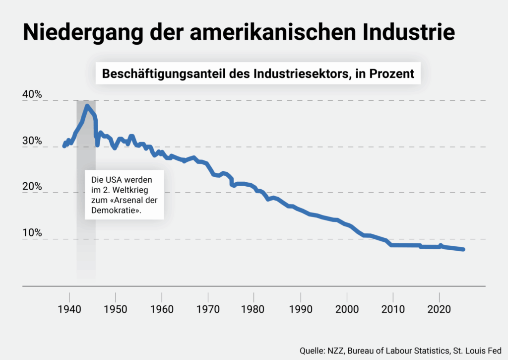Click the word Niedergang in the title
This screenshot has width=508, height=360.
pos(83,33)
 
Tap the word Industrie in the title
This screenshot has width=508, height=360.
pos(409,32)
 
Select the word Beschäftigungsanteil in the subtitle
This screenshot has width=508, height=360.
pos(164,74)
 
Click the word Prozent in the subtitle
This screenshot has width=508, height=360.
pos(392,73)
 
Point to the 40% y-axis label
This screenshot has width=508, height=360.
pos(32,94)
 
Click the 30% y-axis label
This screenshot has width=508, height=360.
pos(32,141)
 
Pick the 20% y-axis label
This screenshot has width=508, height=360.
pos(32,187)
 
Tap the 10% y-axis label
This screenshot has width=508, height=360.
pos(32,233)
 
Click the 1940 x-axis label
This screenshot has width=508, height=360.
pos(69,309)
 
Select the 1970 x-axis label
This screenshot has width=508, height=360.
pos(208,309)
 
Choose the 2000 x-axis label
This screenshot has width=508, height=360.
pos(347,309)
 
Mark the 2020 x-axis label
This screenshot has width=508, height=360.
pos(439,309)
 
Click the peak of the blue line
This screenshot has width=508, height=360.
pos(87,106)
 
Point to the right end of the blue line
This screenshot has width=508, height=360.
pos(463,249)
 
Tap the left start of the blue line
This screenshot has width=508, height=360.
pos(64,146)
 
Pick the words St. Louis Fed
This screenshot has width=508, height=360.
pos(477,351)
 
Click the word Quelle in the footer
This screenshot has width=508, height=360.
pos(313,351)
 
